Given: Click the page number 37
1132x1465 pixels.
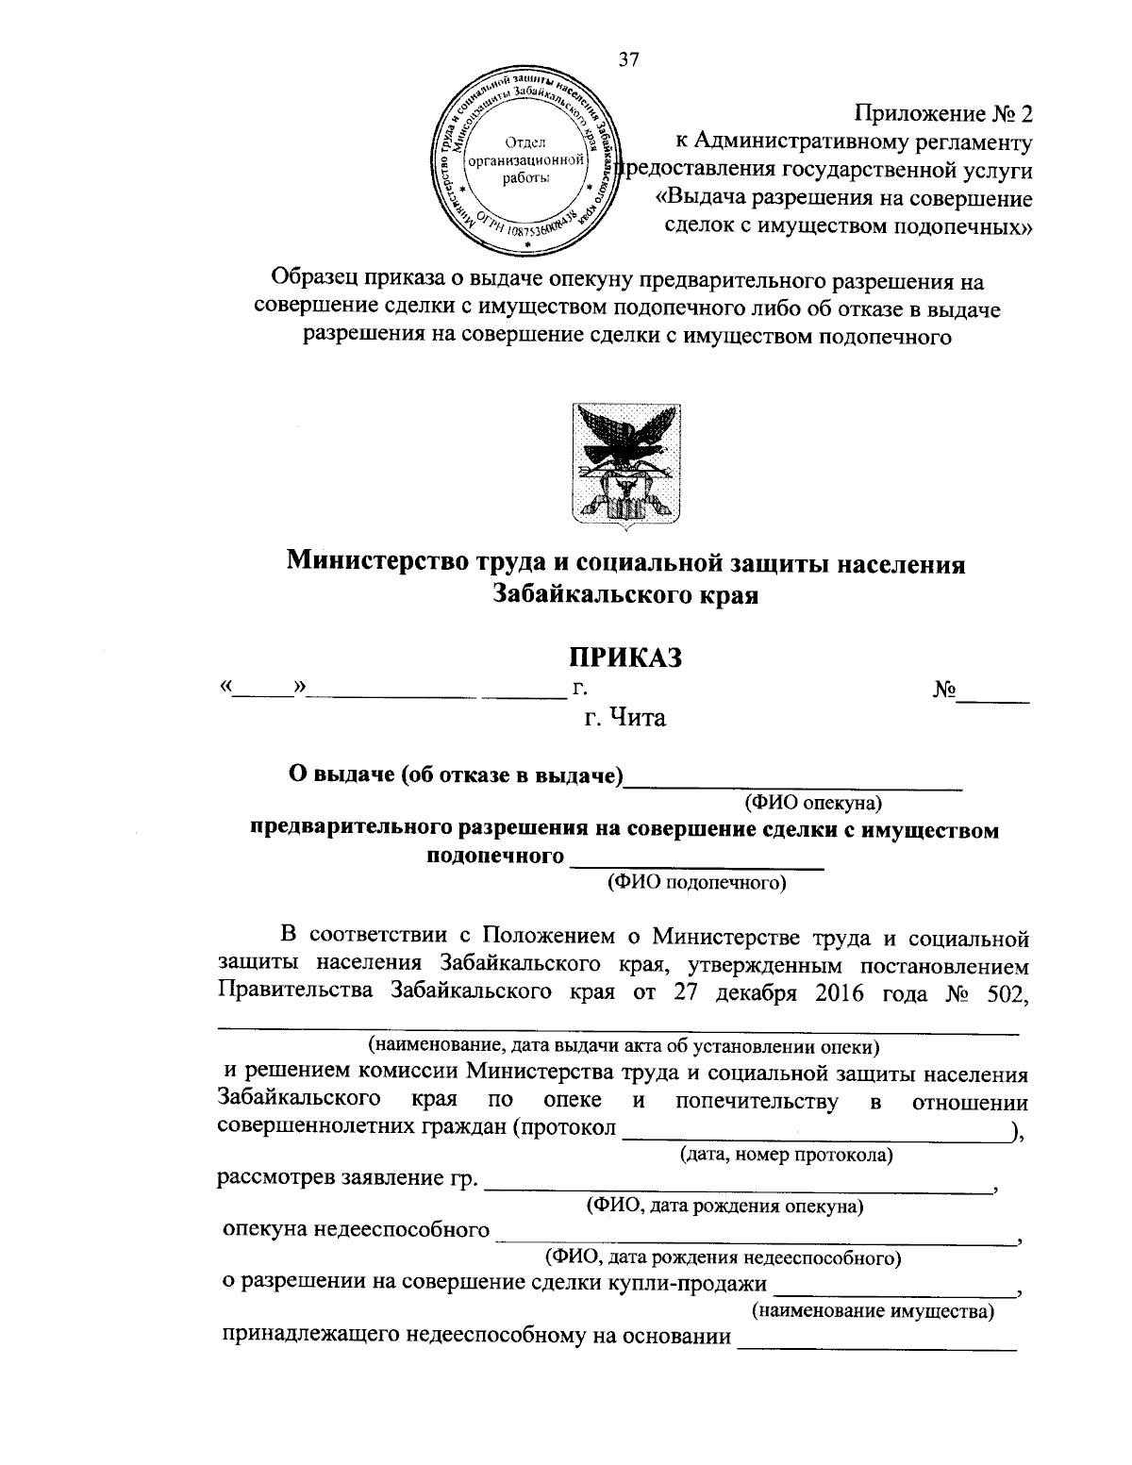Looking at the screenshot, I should (x=628, y=60).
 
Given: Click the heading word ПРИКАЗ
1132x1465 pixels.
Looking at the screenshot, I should (x=625, y=657).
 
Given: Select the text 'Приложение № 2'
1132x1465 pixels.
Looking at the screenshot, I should (x=943, y=114).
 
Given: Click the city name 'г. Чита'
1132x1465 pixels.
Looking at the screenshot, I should (x=624, y=718).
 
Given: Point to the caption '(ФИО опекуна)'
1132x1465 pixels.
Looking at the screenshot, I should (x=812, y=803).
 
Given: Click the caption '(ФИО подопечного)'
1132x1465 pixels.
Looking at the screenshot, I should (x=697, y=883).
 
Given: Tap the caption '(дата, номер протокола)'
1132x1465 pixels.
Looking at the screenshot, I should (x=786, y=1154).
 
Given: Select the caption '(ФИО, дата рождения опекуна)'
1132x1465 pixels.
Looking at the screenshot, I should (x=724, y=1206).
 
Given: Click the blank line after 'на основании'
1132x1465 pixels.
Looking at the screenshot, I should (x=876, y=1343).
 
